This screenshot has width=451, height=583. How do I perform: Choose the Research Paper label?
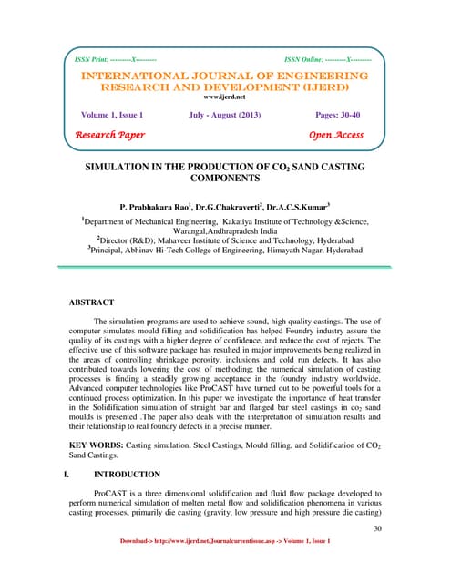110,136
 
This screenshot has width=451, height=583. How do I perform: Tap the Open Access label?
336,136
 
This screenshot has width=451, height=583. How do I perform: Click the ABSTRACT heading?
92,300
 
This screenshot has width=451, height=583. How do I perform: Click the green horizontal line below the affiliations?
224,267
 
